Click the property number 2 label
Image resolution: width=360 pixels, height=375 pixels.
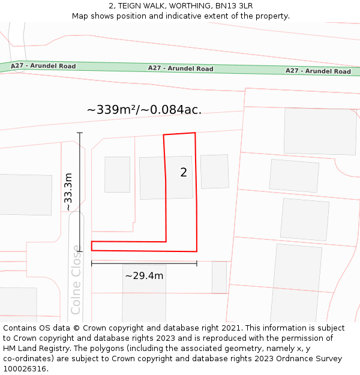(x=184, y=173)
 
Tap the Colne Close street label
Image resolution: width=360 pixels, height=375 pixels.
(x=76, y=280)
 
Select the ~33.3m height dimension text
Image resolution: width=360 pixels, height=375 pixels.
(x=68, y=191)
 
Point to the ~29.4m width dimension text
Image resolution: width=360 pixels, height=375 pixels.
(x=144, y=276)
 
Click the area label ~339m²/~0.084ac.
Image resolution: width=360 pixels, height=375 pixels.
(x=144, y=110)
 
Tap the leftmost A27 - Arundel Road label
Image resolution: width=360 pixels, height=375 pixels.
(x=43, y=66)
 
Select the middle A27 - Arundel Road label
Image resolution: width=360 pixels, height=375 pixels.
(x=181, y=68)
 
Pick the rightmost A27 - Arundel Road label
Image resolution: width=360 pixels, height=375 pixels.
(x=318, y=71)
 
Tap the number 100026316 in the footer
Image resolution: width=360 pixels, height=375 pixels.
(x=25, y=368)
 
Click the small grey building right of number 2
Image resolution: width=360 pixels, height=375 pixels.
(x=214, y=171)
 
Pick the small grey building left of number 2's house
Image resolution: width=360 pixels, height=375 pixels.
(x=117, y=174)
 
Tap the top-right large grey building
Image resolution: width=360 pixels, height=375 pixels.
(x=320, y=131)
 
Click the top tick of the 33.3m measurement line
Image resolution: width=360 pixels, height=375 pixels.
(x=79, y=133)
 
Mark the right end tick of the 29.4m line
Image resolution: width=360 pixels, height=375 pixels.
(x=197, y=263)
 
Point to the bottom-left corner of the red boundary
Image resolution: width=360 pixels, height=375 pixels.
(x=92, y=250)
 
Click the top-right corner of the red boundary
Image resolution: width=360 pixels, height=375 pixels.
(x=195, y=133)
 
